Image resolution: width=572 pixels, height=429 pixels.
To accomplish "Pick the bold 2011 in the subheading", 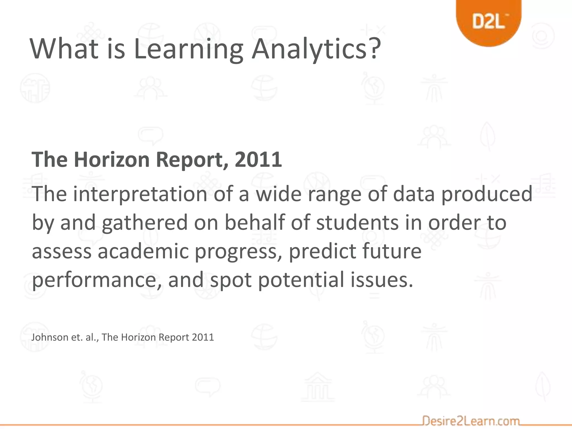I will pyautogui.click(x=258, y=159).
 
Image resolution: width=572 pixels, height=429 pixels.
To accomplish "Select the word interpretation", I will pyautogui.click(x=140, y=194).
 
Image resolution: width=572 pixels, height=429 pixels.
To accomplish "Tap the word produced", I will pyautogui.click(x=487, y=194).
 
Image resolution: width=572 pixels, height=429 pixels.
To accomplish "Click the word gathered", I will pyautogui.click(x=144, y=223).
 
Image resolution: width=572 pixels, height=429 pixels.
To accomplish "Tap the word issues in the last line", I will pyautogui.click(x=382, y=280).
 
